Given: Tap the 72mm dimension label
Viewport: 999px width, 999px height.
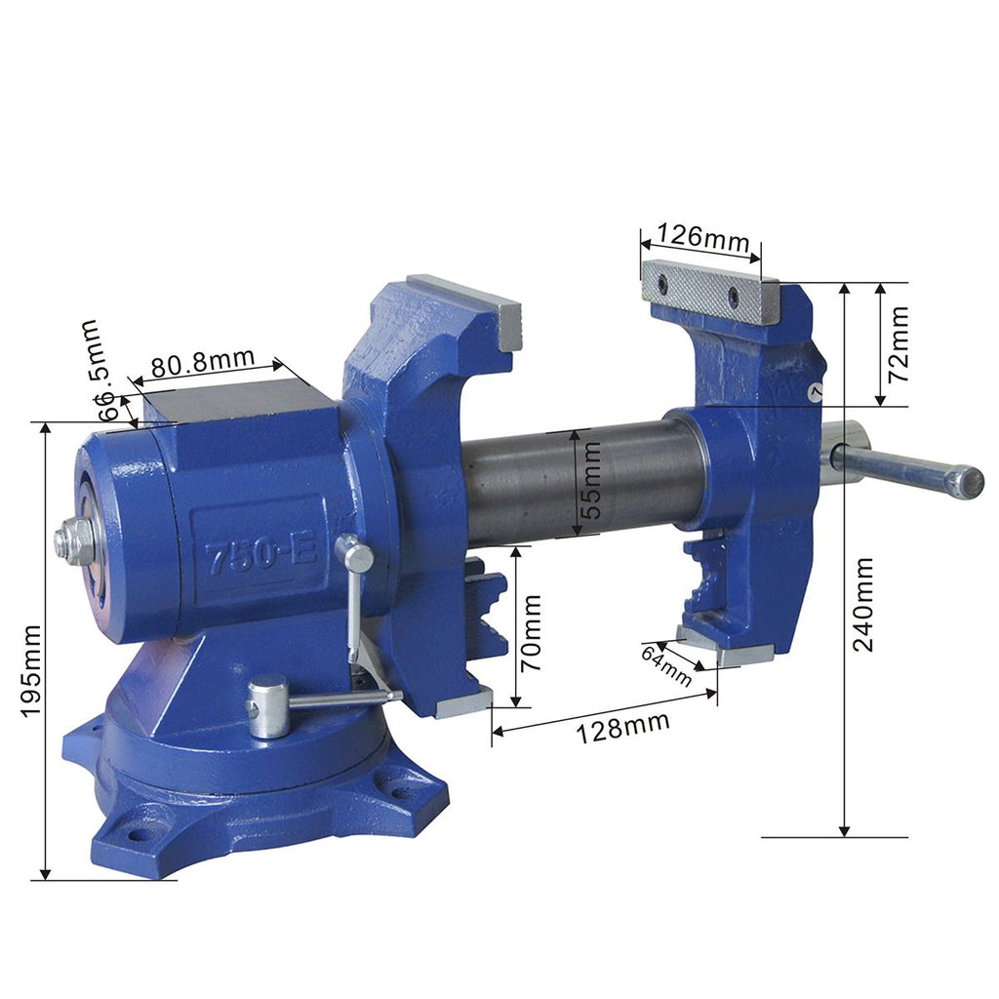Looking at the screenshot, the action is pos(899,344).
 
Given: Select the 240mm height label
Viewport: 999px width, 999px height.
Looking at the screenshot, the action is pos(863,605).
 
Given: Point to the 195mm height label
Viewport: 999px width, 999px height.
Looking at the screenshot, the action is pos(30,671).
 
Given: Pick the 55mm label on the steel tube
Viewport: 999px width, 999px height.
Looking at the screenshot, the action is pos(591,480).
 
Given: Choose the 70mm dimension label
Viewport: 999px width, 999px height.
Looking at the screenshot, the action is pos(531,633).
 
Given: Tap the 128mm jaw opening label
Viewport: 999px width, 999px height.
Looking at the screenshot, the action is pos(622,727).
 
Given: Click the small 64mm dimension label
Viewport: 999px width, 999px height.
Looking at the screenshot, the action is pos(665,665).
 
